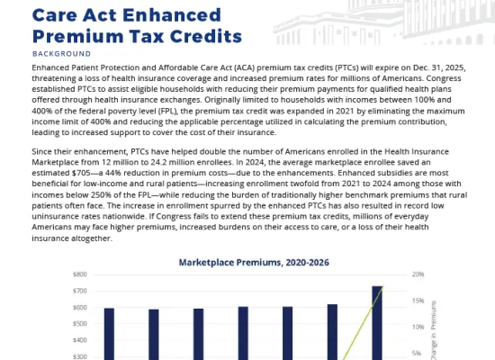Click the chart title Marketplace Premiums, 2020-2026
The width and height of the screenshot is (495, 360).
point(254,263)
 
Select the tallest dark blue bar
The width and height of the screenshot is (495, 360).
point(377,323)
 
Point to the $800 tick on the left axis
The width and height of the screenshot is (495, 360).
point(80,274)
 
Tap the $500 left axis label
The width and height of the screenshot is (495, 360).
point(80,324)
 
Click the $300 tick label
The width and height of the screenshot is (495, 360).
point(80,356)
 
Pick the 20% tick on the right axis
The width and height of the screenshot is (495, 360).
point(418,274)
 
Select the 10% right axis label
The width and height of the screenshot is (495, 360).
point(418,327)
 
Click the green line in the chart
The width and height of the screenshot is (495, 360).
point(364,323)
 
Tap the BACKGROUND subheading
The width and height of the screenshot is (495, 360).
point(61,54)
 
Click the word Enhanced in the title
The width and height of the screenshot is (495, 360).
point(172,15)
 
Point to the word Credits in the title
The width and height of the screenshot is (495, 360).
point(206,36)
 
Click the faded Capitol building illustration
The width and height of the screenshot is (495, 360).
point(383,22)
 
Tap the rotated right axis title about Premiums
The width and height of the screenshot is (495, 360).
point(434,330)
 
